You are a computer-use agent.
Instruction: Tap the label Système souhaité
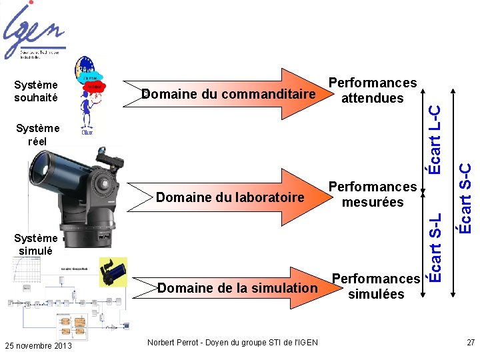[x=36, y=91]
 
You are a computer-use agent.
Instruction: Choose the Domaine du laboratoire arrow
[x=230, y=197]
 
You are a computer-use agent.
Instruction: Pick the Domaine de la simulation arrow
[x=237, y=287]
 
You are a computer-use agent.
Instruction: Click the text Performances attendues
[x=373, y=91]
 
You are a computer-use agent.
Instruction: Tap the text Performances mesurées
[x=373, y=194]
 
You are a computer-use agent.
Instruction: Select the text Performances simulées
[x=376, y=286]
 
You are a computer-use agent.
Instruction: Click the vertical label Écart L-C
[x=434, y=140]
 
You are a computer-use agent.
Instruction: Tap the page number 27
[x=471, y=343]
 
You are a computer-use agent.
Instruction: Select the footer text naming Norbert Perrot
[x=233, y=343]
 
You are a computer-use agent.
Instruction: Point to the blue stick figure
[x=87, y=110]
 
